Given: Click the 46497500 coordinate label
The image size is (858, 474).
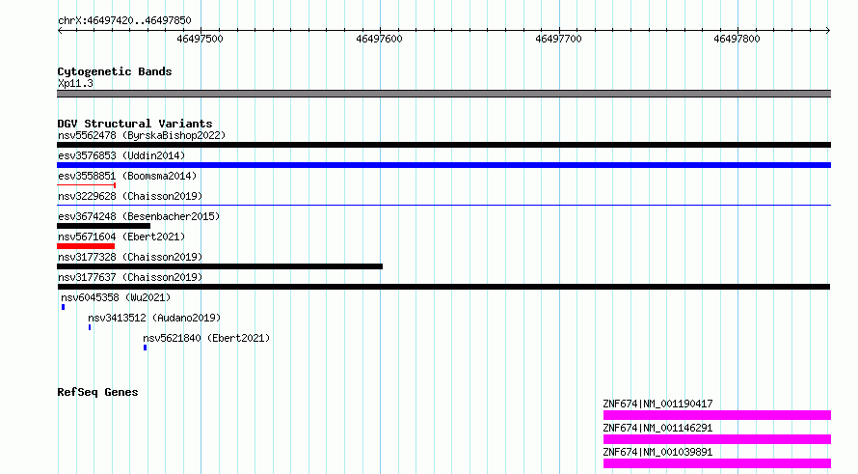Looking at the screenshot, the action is coord(200,39).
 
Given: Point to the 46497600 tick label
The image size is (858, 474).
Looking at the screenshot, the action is coord(379,39).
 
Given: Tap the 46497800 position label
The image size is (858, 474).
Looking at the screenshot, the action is coord(737,39).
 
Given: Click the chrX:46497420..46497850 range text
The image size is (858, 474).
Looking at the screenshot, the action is coord(124,21).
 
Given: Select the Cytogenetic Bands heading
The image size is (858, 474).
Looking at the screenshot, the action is coord(115,71).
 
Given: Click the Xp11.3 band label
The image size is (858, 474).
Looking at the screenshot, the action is coord(75,84).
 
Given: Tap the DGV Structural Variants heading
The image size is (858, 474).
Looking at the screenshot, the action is coord(135,124).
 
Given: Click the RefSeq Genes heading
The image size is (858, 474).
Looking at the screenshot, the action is coord(97,392).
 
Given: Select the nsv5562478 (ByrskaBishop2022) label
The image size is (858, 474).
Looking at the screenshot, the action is coord(142,135).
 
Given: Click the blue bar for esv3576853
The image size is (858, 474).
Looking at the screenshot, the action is coord(443,165).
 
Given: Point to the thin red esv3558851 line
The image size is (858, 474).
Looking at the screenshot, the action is coord(86,185).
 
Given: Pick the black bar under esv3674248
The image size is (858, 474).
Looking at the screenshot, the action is coord(103,226).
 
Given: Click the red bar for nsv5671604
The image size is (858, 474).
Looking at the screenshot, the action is coord(86,246).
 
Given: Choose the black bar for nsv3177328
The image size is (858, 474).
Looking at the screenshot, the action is coord(220,266).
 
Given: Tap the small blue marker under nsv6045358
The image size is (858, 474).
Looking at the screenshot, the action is coord(63,307).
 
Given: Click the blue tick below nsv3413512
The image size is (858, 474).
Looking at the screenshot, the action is coord(90,327).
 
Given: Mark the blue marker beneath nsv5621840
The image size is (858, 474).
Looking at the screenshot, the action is coord(145,348).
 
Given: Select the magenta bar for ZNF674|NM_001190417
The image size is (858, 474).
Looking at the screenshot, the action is coord(717,415).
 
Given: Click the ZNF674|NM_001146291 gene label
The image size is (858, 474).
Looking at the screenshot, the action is coord(657,428).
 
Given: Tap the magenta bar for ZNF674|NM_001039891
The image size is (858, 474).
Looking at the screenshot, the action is coord(717,463).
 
